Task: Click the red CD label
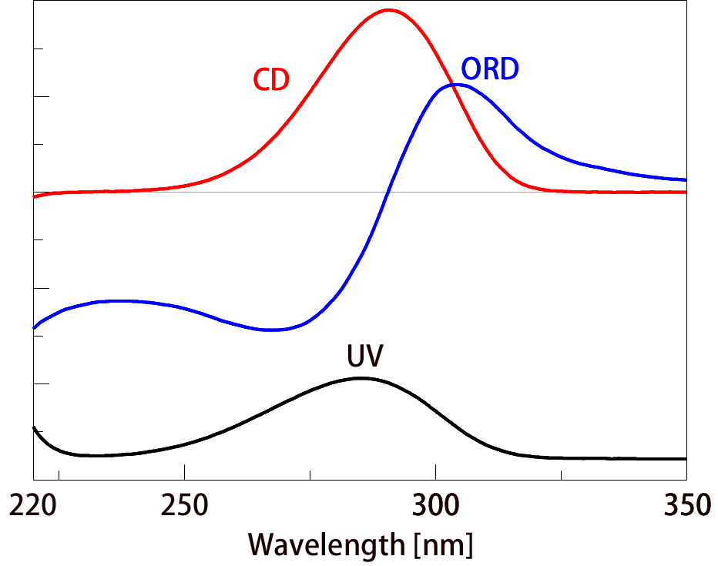(271, 80)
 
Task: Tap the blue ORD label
(490, 70)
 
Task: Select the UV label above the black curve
(365, 359)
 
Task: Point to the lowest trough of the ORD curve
(274, 330)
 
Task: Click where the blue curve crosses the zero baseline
(387, 192)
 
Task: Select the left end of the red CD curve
(34, 196)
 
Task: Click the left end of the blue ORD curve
(35, 327)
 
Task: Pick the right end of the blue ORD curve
(685, 179)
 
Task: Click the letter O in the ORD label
(471, 70)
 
